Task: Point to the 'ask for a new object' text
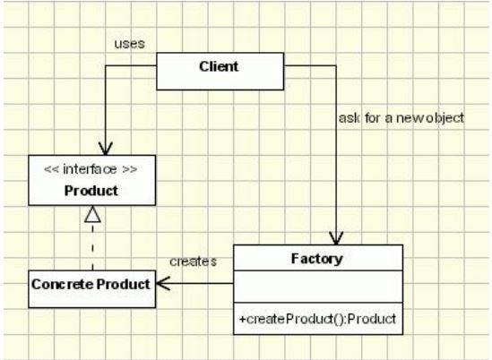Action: (x=401, y=118)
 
